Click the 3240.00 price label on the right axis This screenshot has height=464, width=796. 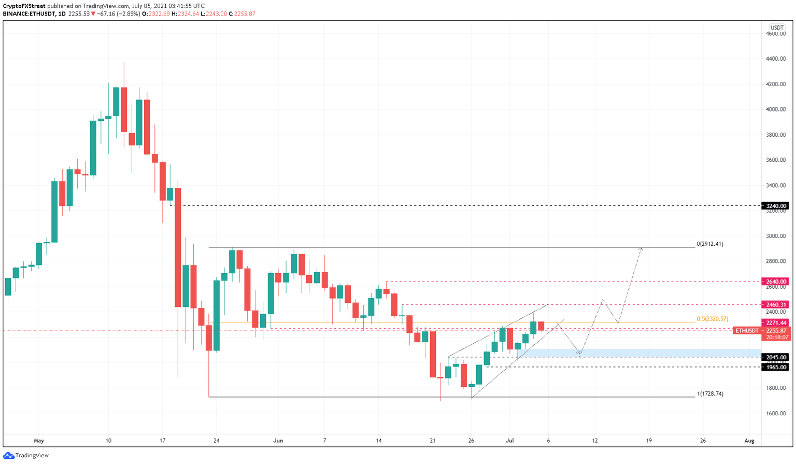pyautogui.click(x=775, y=206)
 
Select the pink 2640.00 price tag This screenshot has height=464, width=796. pyautogui.click(x=775, y=282)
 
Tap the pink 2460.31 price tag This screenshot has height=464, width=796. pyautogui.click(x=775, y=305)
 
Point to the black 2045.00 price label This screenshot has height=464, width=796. pyautogui.click(x=775, y=357)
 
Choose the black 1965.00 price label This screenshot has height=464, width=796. pyautogui.click(x=775, y=367)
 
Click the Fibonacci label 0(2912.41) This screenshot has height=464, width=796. pyautogui.click(x=710, y=244)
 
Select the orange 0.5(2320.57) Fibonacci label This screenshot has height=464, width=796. pyautogui.click(x=713, y=319)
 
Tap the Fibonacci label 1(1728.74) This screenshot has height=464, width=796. pyautogui.click(x=710, y=393)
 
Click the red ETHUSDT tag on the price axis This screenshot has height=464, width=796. pyautogui.click(x=747, y=330)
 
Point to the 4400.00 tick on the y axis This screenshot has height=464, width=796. pyautogui.click(x=776, y=59)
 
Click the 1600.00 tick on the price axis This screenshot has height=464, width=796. pyautogui.click(x=776, y=413)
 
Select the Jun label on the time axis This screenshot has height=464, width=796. pyautogui.click(x=278, y=441)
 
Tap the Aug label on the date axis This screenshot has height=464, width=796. pyautogui.click(x=749, y=441)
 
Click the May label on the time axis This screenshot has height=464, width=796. pyautogui.click(x=39, y=441)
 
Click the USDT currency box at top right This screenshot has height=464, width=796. pyautogui.click(x=777, y=28)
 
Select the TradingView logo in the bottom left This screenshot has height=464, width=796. pyautogui.click(x=26, y=455)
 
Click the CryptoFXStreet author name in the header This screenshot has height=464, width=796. pyautogui.click(x=24, y=6)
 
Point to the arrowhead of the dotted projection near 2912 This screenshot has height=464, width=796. pyautogui.click(x=642, y=249)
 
